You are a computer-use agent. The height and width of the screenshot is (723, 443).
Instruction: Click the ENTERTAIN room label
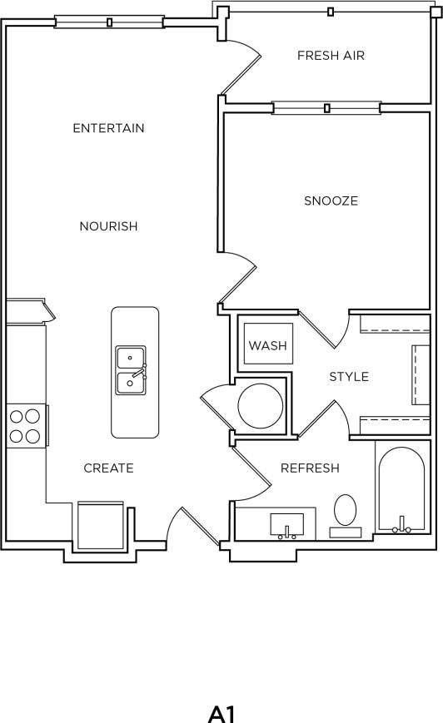pos(108,128)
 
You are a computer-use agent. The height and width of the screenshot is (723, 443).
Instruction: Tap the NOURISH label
pos(108,226)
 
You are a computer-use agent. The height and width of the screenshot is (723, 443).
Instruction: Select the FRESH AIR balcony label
pos(331,56)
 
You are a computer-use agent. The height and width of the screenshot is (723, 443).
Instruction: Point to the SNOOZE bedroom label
pos(331,201)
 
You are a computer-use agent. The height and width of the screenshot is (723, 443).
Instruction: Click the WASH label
pos(268,345)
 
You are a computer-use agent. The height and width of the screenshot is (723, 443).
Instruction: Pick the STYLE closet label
pos(349,377)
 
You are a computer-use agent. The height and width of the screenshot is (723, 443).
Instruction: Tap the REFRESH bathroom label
pos(310,468)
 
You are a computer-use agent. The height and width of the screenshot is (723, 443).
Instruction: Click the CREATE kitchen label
pos(108,468)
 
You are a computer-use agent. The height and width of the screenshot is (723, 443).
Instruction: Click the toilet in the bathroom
pos(345,511)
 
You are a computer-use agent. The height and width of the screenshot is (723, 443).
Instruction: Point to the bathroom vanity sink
pos(287,526)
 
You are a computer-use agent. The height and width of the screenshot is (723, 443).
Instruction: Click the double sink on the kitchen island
pos(131,370)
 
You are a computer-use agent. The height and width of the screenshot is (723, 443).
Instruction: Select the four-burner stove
pos(25,425)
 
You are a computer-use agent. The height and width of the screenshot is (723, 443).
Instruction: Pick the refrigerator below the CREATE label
pos(100,525)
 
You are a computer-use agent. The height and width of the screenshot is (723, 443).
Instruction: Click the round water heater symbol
pos(259,405)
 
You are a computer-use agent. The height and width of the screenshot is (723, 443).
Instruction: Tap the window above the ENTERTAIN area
pos(109,22)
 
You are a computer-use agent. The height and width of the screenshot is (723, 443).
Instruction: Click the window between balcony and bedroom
pos(326,107)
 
